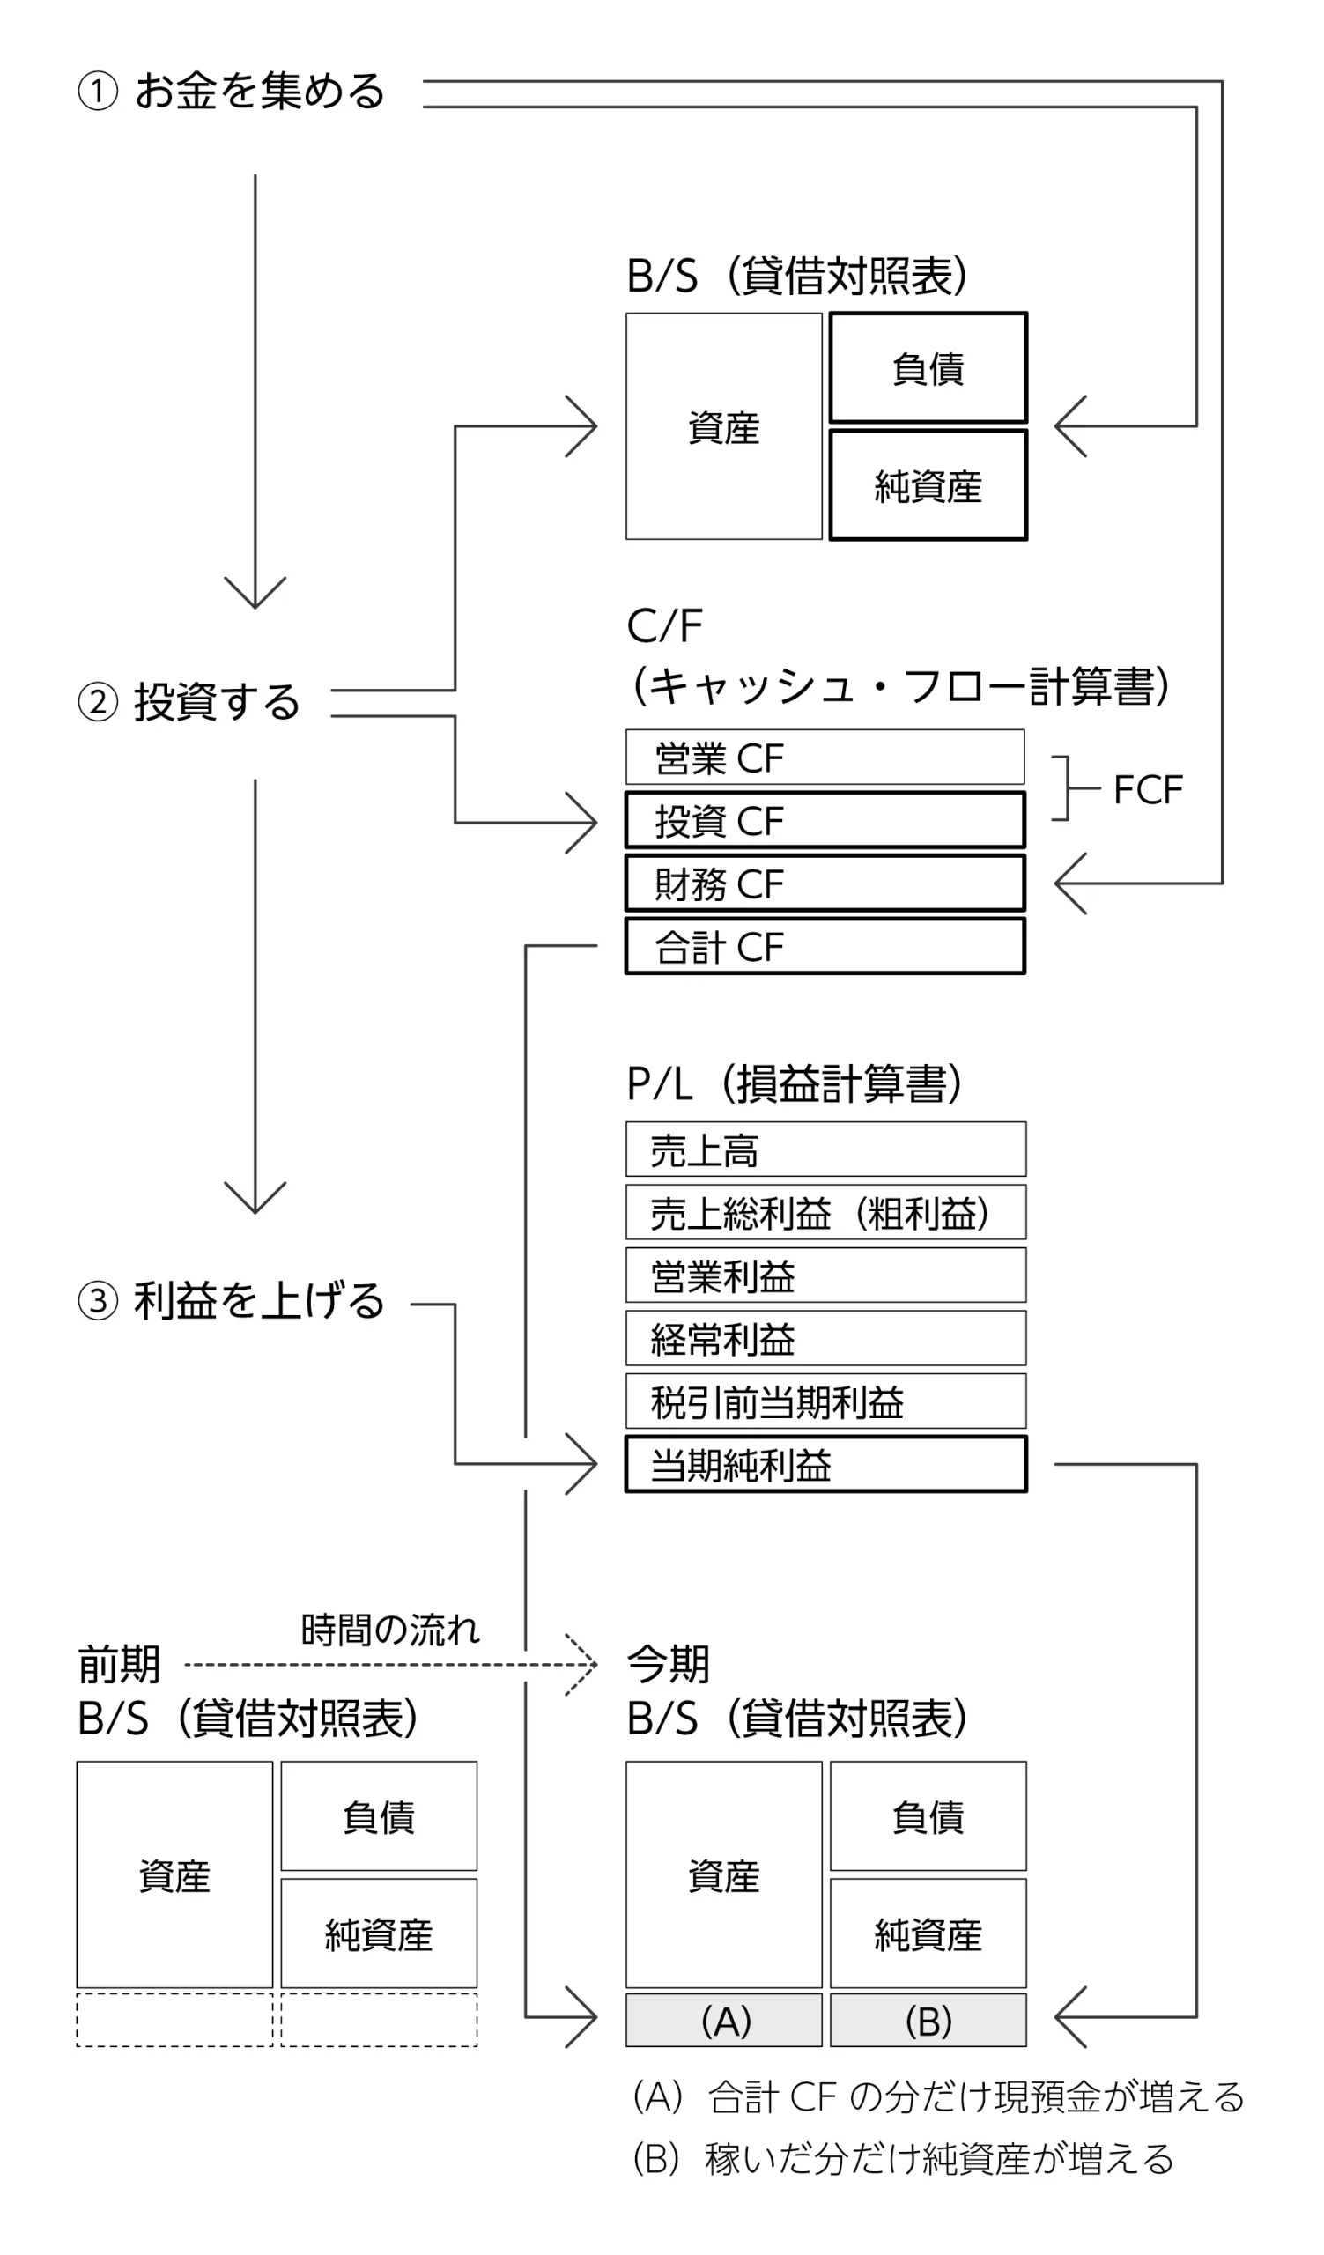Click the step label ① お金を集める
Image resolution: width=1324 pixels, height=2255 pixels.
[x=232, y=92]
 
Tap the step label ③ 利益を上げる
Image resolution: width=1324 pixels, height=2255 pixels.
[x=232, y=1301]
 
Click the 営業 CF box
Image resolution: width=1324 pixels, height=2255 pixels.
[x=825, y=757]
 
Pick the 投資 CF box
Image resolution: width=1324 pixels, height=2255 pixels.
[x=825, y=820]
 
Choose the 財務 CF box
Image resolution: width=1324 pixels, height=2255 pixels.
[x=825, y=884]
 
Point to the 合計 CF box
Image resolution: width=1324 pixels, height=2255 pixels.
[x=825, y=946]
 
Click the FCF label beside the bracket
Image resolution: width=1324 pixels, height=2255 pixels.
[x=1148, y=790]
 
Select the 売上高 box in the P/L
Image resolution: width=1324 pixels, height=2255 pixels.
[x=825, y=1149]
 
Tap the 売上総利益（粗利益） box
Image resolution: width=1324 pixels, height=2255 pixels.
[x=825, y=1213]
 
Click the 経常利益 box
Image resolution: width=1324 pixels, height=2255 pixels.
[x=825, y=1339]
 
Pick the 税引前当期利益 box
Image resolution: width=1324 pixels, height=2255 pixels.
[x=825, y=1401]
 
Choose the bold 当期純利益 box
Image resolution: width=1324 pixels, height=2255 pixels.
[x=825, y=1465]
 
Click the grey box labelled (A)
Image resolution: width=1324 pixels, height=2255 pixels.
[x=724, y=2021]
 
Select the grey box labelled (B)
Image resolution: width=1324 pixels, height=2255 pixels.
[x=928, y=2021]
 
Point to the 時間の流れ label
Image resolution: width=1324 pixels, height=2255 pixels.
[x=390, y=1630]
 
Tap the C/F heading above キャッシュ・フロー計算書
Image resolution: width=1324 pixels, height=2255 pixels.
[x=665, y=625]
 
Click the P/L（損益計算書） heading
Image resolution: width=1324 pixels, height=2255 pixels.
[x=795, y=1083]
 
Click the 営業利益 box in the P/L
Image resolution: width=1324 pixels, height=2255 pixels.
[x=825, y=1275]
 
